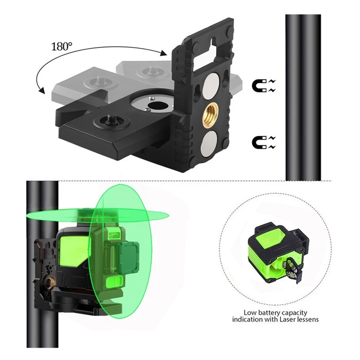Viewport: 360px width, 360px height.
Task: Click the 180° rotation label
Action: tap(61, 46)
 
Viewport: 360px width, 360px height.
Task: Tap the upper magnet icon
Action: tap(264, 86)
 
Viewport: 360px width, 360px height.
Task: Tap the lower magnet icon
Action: tap(264, 143)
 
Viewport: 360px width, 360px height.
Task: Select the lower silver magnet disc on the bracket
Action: tap(209, 143)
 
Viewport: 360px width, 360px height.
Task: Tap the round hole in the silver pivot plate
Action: tap(157, 106)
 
